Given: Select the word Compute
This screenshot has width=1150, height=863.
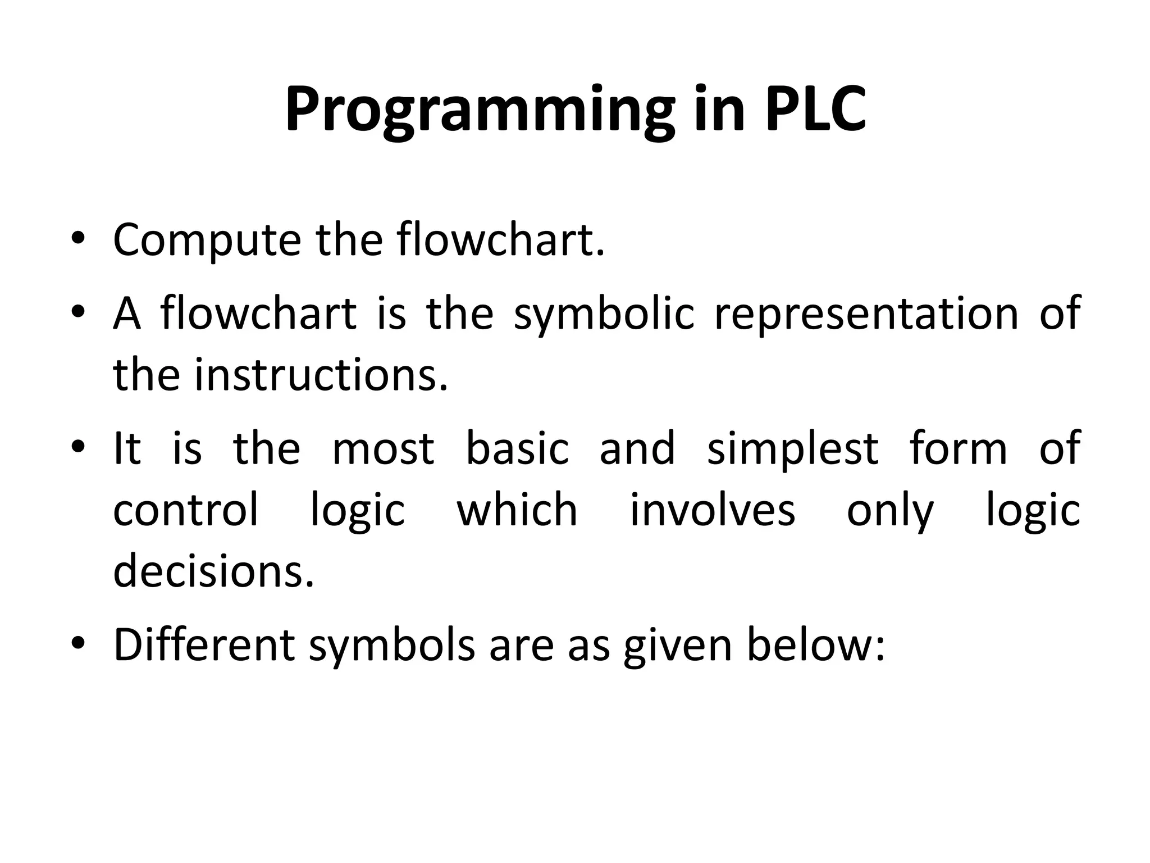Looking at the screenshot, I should (x=207, y=240).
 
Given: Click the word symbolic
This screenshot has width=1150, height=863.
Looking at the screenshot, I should (x=604, y=314).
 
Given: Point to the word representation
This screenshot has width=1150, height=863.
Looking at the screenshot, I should (x=865, y=314).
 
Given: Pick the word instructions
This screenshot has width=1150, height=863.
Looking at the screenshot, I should (x=321, y=375).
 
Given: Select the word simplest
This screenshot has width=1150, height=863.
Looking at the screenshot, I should (x=792, y=449).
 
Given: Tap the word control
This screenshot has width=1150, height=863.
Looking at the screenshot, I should (x=186, y=510).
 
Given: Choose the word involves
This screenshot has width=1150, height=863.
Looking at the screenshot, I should (x=712, y=510).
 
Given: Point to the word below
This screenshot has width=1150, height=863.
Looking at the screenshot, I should (x=815, y=645).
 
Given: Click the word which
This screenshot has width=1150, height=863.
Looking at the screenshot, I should (x=517, y=510).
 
